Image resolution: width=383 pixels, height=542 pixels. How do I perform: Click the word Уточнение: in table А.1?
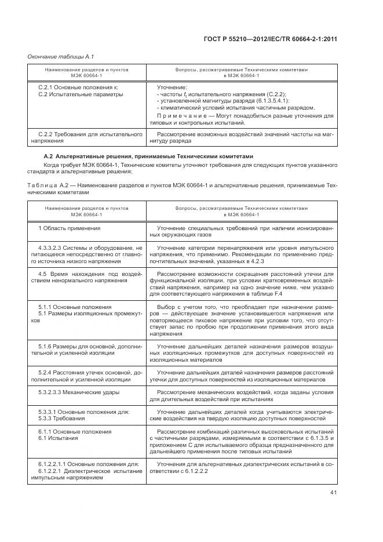coord(172,87)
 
